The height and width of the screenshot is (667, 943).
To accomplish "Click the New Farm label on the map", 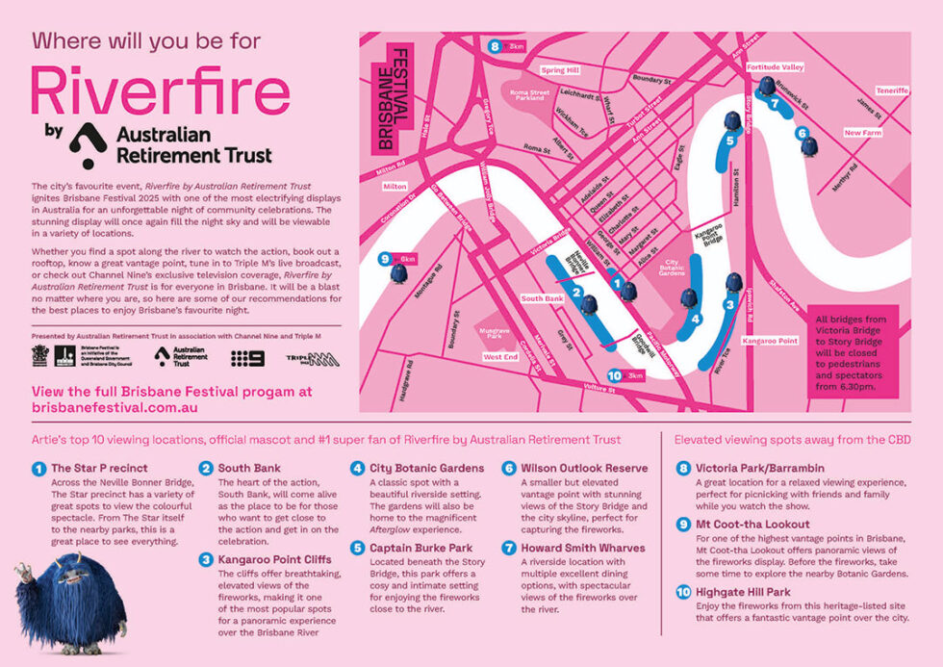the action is (x=862, y=133).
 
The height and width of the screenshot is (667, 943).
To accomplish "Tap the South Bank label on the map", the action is (x=542, y=298).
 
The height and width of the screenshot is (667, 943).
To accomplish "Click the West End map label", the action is (x=501, y=356).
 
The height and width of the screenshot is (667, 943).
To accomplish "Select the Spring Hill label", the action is (x=559, y=70).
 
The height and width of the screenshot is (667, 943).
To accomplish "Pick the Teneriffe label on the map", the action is (x=891, y=90).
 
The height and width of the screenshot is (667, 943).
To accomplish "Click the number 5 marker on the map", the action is (x=730, y=141).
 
